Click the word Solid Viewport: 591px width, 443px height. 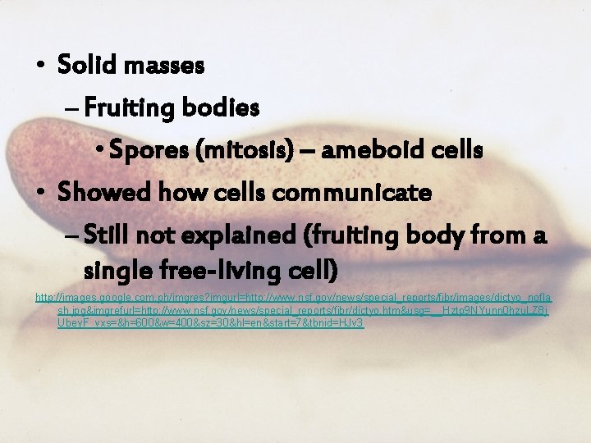pos(88,65)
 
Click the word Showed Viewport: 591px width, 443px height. pos(103,194)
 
